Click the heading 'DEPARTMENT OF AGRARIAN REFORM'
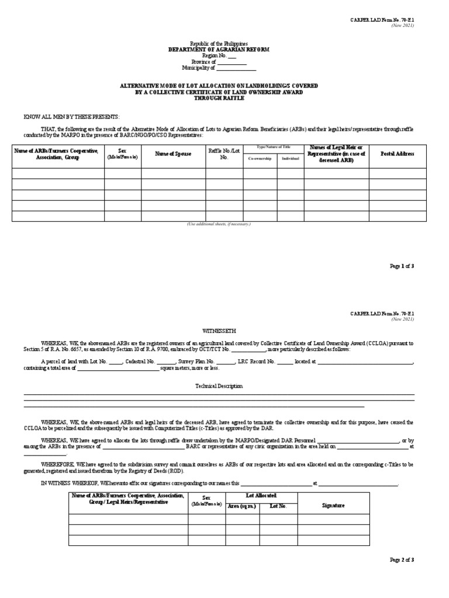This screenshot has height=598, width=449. [x=219, y=50]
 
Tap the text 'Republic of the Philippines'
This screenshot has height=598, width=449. [x=219, y=44]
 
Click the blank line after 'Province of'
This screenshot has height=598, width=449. [x=232, y=62]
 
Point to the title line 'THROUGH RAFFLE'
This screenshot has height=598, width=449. [x=219, y=98]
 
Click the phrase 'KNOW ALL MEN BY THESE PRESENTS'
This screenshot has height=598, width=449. [x=71, y=117]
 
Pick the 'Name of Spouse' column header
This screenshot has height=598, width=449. [x=173, y=154]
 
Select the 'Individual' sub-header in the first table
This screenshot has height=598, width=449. [x=290, y=158]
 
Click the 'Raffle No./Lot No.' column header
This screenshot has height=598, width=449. [x=224, y=154]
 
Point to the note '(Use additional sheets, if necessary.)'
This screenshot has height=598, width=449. [x=219, y=224]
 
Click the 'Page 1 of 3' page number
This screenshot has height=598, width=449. [x=402, y=266]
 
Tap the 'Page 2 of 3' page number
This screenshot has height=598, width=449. [x=402, y=560]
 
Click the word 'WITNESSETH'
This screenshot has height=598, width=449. [x=219, y=331]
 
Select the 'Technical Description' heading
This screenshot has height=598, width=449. [x=219, y=386]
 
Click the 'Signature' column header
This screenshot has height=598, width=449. [x=333, y=505]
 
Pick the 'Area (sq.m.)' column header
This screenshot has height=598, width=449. [x=241, y=506]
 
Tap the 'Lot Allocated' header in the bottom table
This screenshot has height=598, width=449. [x=261, y=495]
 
